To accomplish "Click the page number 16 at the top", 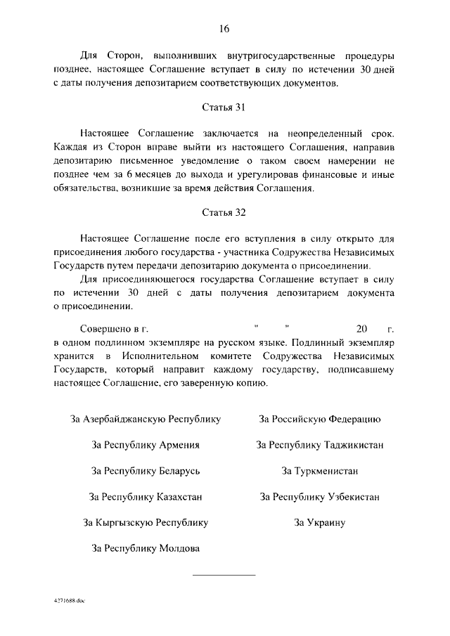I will tap(224, 29).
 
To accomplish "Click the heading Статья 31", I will tap(224, 108).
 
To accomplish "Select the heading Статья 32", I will tap(224, 212).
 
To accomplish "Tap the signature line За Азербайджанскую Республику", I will tap(146, 420).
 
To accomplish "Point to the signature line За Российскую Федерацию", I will tap(320, 420).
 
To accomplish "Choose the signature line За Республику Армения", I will tap(146, 446).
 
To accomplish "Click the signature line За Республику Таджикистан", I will tap(320, 446).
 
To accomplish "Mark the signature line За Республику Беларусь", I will tap(146, 471).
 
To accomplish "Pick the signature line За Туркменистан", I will tap(320, 471).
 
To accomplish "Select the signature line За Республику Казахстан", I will tap(146, 497).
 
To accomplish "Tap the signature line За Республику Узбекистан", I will tap(320, 497).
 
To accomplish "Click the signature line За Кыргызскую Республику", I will tap(146, 523).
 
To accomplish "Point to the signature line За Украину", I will tap(320, 523).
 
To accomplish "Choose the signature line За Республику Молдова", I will tap(146, 548).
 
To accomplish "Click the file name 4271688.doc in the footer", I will tap(68, 602).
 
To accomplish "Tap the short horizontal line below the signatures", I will tap(224, 576).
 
